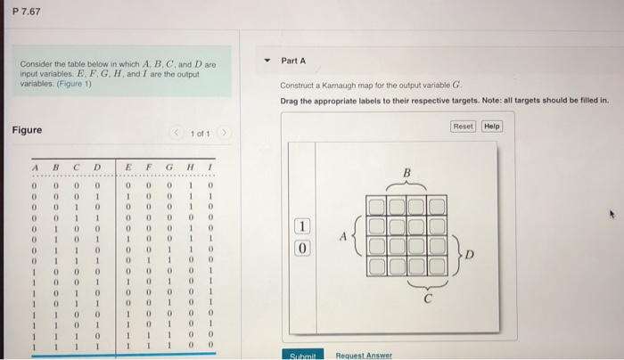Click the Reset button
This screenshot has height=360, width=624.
(x=463, y=127)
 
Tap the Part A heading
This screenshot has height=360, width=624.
(x=293, y=61)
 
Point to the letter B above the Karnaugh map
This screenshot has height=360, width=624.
(x=408, y=171)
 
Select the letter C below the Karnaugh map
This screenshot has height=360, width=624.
(x=427, y=299)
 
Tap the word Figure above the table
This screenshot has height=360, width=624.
(x=28, y=130)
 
